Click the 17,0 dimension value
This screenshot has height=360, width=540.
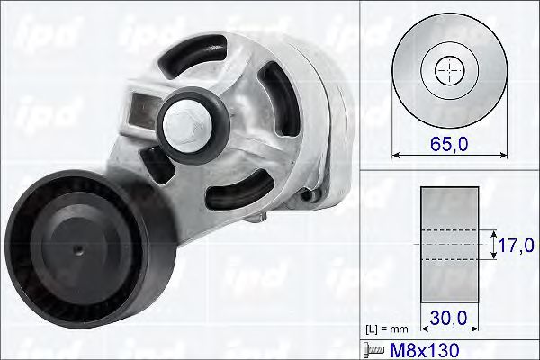(517, 244)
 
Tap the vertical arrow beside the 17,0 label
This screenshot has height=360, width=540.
(493, 244)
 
